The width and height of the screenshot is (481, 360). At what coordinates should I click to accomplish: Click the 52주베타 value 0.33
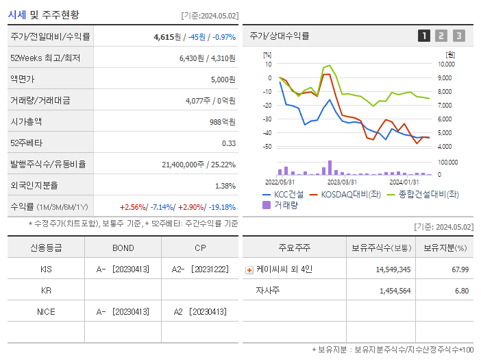tap(229, 143)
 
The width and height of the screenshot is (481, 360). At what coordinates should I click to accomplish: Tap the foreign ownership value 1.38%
tap(225, 186)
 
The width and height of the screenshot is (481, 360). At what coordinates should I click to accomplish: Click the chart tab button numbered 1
tap(424, 36)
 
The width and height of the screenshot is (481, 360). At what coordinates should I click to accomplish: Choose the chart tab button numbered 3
tap(458, 36)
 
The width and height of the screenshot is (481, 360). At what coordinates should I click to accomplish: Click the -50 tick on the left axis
tap(268, 147)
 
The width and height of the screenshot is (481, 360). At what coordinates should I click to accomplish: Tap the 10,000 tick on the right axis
tap(445, 64)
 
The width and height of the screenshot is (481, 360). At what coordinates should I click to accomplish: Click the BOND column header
tap(123, 248)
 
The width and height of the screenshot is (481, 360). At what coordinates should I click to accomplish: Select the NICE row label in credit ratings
tap(46, 311)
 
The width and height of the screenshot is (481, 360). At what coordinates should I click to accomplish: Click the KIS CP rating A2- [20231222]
tap(199, 269)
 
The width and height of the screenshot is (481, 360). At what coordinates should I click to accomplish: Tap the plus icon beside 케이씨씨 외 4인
tap(249, 269)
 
